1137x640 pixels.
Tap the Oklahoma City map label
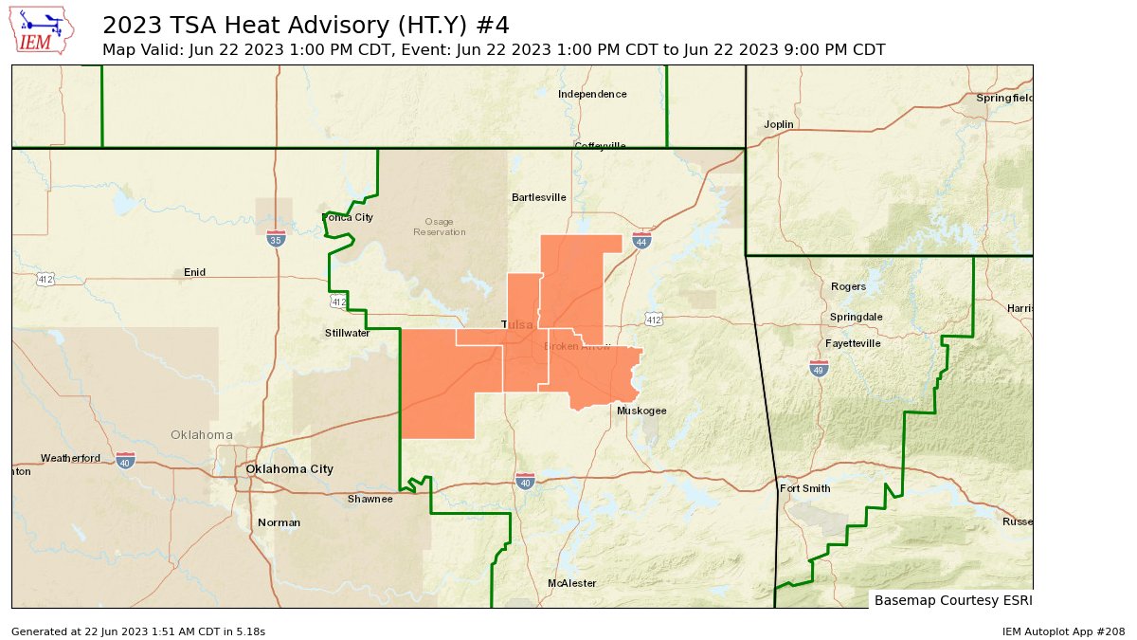click(x=289, y=469)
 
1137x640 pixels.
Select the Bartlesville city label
click(x=538, y=197)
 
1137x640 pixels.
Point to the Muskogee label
click(x=641, y=411)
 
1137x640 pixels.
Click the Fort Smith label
click(x=804, y=489)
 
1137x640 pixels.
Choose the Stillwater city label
click(x=347, y=333)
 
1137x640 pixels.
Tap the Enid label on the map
click(x=194, y=272)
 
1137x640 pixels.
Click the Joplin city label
click(x=779, y=124)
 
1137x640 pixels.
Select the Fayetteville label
click(x=853, y=342)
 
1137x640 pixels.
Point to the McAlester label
click(x=572, y=583)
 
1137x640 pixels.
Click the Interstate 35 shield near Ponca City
click(x=275, y=239)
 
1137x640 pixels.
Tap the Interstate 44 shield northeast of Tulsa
click(x=641, y=241)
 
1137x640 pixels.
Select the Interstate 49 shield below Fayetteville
click(x=819, y=368)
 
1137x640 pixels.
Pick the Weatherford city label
click(x=70, y=459)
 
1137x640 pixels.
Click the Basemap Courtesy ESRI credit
click(x=952, y=600)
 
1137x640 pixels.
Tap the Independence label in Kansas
click(x=592, y=94)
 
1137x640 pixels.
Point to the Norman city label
click(x=279, y=522)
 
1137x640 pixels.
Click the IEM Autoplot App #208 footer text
click(x=1063, y=631)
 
